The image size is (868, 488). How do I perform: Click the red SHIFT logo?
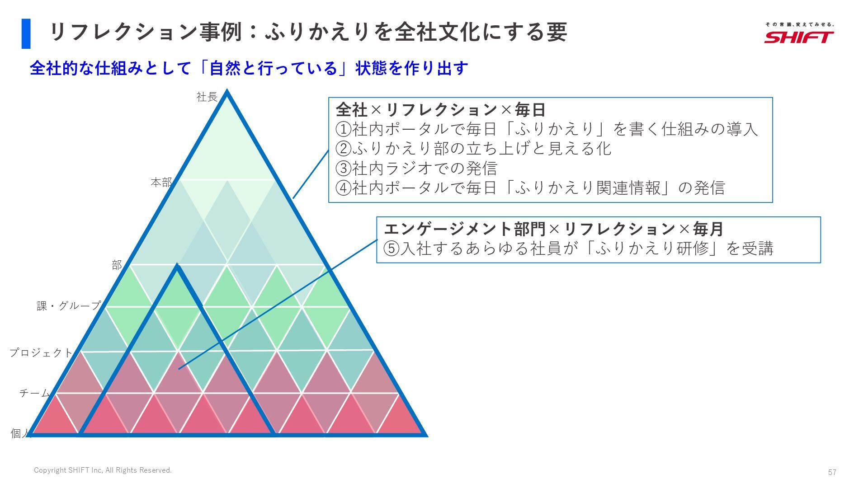click(799, 36)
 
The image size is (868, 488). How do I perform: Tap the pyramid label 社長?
click(207, 97)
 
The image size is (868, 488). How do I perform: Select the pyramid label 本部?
click(161, 183)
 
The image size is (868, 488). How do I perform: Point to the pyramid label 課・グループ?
click(68, 306)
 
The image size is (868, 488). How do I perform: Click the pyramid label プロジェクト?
click(41, 352)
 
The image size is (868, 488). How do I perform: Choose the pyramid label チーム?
click(34, 393)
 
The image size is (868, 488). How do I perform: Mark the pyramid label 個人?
click(20, 434)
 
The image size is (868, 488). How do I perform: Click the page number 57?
click(832, 472)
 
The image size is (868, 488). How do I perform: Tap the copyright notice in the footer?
click(103, 470)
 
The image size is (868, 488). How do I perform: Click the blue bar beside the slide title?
click(26, 33)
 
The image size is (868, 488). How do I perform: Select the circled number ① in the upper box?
click(344, 130)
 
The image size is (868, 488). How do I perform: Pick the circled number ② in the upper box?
click(344, 149)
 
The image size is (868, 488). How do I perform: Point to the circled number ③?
click(344, 169)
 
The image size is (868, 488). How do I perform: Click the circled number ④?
click(344, 188)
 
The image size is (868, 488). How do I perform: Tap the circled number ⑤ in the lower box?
click(392, 249)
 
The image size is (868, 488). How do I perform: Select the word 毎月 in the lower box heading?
click(708, 229)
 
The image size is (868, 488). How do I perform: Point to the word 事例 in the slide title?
click(221, 33)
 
